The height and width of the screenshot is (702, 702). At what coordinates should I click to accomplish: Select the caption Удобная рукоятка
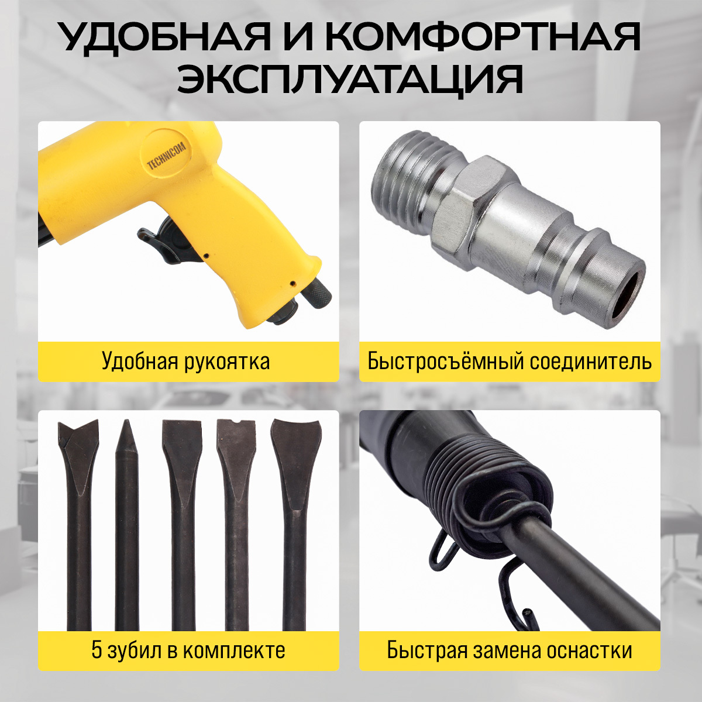coord(186,362)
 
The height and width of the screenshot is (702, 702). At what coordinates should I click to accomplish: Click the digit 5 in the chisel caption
coord(97,651)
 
